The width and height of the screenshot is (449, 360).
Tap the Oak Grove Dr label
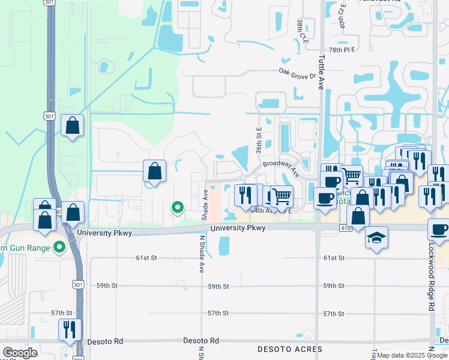coord(297,76)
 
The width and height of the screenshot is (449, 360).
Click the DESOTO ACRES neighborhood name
coord(290,349)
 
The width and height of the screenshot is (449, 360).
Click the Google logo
coord(20,353)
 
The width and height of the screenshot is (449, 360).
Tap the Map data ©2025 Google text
coord(412,355)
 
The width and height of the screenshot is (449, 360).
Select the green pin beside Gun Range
coord(59,247)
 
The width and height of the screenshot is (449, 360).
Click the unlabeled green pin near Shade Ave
coord(178,208)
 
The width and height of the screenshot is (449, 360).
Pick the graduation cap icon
coord(376,238)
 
